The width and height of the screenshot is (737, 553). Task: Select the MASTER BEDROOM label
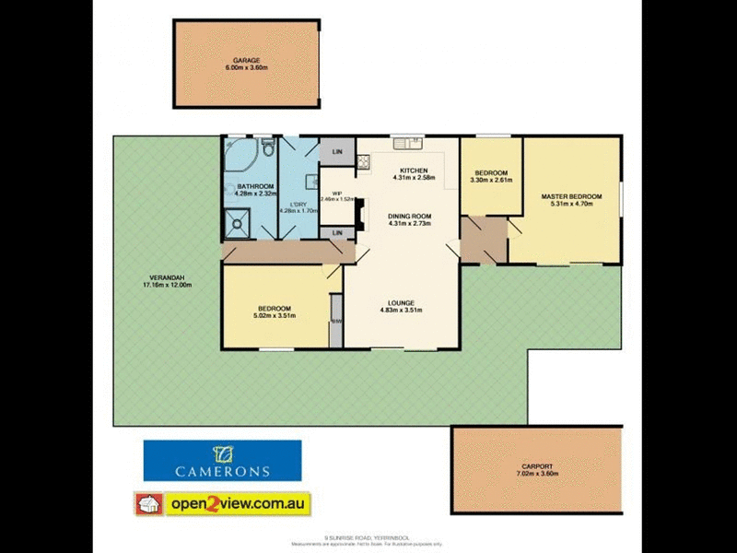571,196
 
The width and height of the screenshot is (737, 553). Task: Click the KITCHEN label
414,171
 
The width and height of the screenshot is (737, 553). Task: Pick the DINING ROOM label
409,217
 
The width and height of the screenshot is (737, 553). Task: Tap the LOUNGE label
401,302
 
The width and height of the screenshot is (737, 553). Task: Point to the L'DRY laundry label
298,204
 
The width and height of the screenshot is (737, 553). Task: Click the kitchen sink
405,142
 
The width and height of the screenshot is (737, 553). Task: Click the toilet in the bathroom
266,147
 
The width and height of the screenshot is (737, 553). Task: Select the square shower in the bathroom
238,221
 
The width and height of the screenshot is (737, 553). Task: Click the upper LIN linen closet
337,151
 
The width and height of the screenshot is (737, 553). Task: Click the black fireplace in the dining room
360,212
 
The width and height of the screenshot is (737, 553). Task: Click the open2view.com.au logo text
237,504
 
